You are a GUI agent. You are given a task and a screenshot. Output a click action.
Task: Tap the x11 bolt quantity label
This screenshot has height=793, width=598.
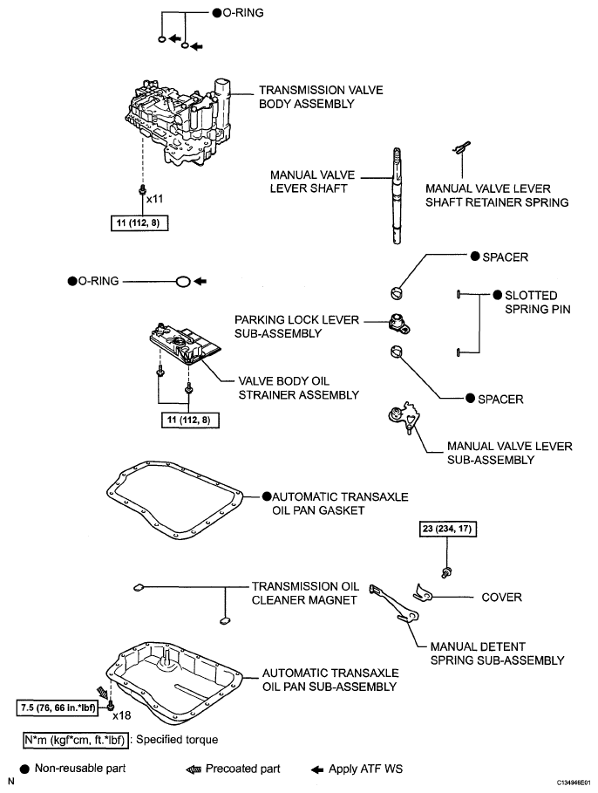click(x=155, y=200)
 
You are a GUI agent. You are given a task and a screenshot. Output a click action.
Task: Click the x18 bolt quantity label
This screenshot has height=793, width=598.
click(x=121, y=715)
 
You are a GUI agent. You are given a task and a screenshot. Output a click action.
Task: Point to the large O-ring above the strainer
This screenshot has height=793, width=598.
click(x=182, y=282)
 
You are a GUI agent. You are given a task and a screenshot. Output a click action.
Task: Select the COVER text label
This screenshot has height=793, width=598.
click(x=501, y=598)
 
